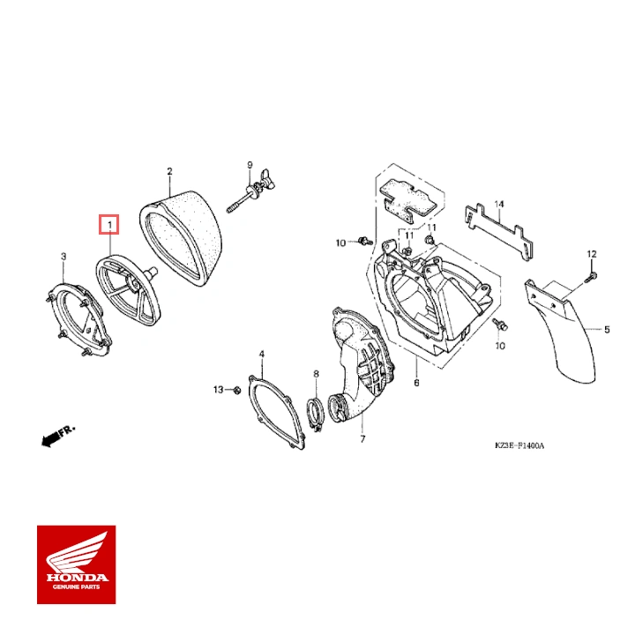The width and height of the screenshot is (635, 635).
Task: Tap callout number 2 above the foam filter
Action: [169, 171]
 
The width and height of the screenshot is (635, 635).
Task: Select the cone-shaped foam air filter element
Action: [182, 239]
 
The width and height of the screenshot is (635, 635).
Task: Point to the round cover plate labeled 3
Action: [80, 318]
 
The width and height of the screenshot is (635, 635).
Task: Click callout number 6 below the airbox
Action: [415, 383]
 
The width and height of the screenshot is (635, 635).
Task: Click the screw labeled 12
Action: [591, 276]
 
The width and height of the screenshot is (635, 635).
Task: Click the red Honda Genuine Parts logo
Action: [76, 564]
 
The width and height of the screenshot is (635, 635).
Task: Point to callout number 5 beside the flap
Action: [607, 330]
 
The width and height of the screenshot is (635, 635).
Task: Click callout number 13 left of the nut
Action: [218, 389]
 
